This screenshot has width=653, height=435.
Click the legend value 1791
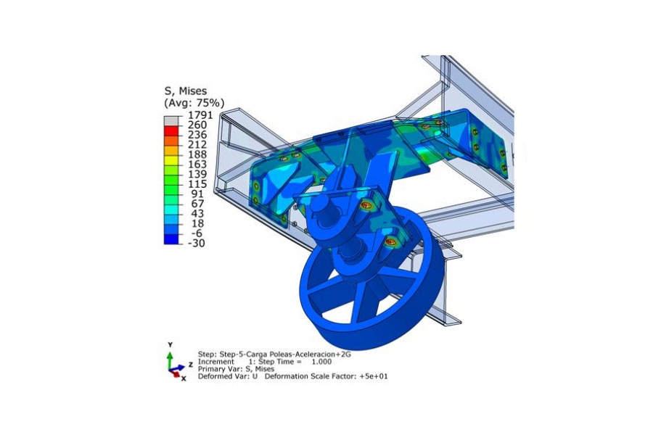click(x=200, y=115)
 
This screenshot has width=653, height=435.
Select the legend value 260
click(x=197, y=125)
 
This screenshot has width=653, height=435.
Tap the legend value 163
click(x=197, y=165)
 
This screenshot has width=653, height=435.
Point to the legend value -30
click(x=196, y=243)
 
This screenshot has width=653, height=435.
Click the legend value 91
click(x=197, y=194)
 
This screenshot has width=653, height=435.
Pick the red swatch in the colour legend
click(x=171, y=130)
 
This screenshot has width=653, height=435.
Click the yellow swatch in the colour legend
click(x=171, y=160)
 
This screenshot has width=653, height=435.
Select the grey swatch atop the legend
click(x=171, y=121)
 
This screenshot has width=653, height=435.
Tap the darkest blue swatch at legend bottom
click(x=171, y=239)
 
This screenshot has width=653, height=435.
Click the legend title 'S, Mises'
click(x=186, y=91)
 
